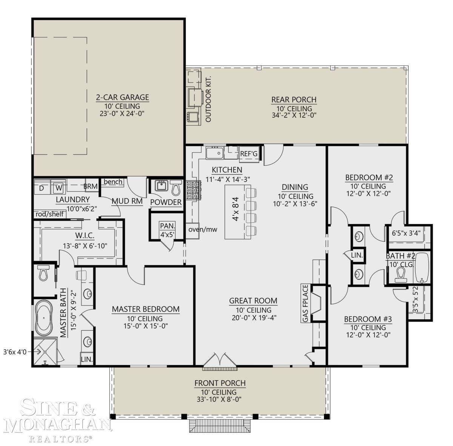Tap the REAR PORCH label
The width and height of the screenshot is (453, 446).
[x=294, y=100]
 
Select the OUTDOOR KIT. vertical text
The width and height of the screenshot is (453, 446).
[x=208, y=99]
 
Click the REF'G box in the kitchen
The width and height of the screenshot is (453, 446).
[x=249, y=154]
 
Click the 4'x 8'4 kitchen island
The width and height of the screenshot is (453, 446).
[x=236, y=212]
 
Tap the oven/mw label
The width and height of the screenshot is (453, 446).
[x=200, y=229]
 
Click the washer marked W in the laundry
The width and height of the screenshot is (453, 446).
[x=58, y=187]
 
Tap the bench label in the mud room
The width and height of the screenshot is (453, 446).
[x=113, y=182]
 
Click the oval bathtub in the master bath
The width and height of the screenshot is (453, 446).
[x=45, y=317]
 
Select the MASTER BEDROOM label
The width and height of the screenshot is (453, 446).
[x=145, y=309]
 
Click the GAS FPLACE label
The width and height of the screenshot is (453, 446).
[x=305, y=304]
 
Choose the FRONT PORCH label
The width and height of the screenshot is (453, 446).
[x=220, y=383]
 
